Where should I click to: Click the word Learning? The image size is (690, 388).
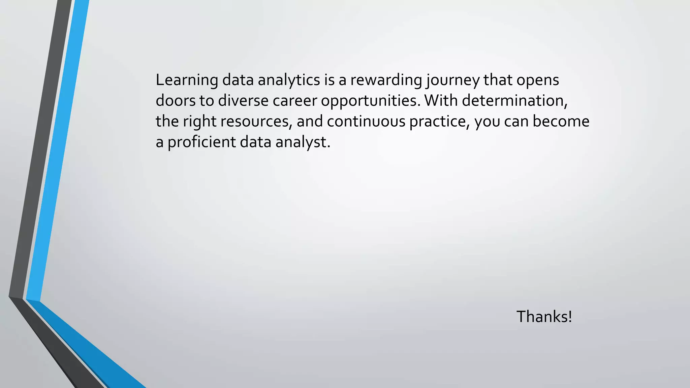coord(187,80)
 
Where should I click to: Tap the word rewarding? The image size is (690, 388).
coord(386,80)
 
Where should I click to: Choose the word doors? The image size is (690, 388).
coord(175,101)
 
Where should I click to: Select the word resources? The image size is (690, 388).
coord(256,122)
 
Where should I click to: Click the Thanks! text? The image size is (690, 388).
coord(544,317)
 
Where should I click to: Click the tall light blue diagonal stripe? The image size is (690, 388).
coord(57,152)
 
